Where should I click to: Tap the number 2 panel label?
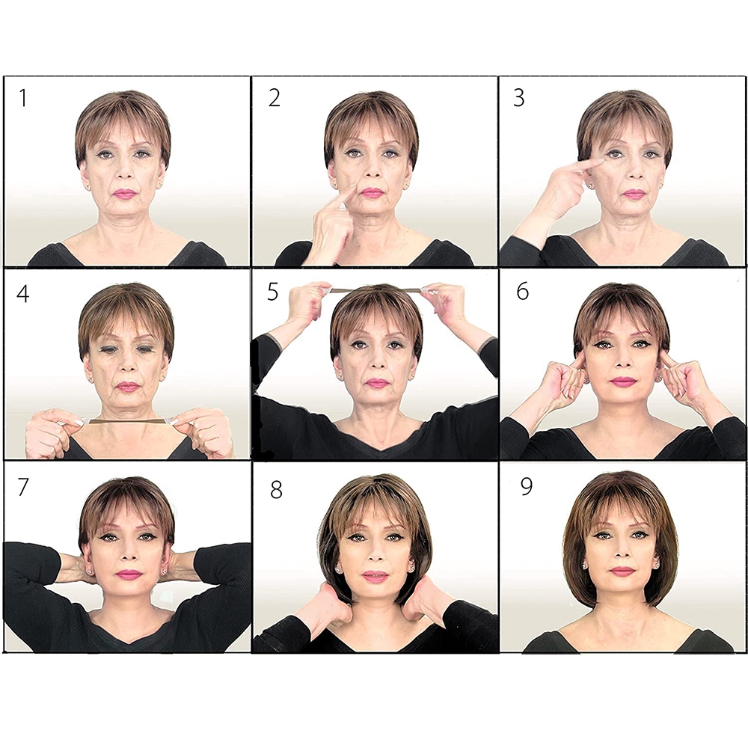coord(275,97)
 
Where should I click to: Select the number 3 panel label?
coord(518,97)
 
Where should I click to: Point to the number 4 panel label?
coord(22,293)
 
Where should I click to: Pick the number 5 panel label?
coord(272,292)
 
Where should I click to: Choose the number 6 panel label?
coord(523,290)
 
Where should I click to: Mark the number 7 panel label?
coord(22,487)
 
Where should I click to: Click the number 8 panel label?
coord(276,489)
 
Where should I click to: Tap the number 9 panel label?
coord(526,487)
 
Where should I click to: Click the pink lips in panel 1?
coord(124,194)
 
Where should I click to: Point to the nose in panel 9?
coord(621,553)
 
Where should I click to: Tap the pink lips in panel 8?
coord(375,576)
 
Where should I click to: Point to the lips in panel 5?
coord(376,382)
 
